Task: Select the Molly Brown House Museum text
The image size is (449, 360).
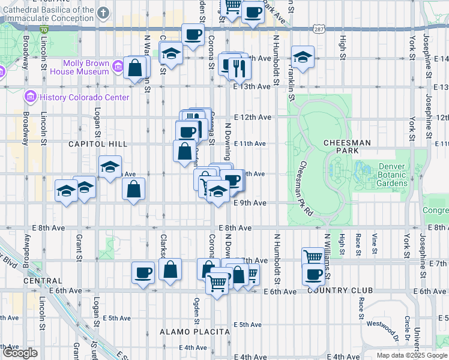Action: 87,67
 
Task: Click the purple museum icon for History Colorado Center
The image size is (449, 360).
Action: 30,97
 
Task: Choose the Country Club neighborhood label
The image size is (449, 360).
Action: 340,290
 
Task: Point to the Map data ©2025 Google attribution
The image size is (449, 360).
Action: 412,355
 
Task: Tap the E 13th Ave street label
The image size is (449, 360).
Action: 252,86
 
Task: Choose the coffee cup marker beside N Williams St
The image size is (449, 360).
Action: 313,274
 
